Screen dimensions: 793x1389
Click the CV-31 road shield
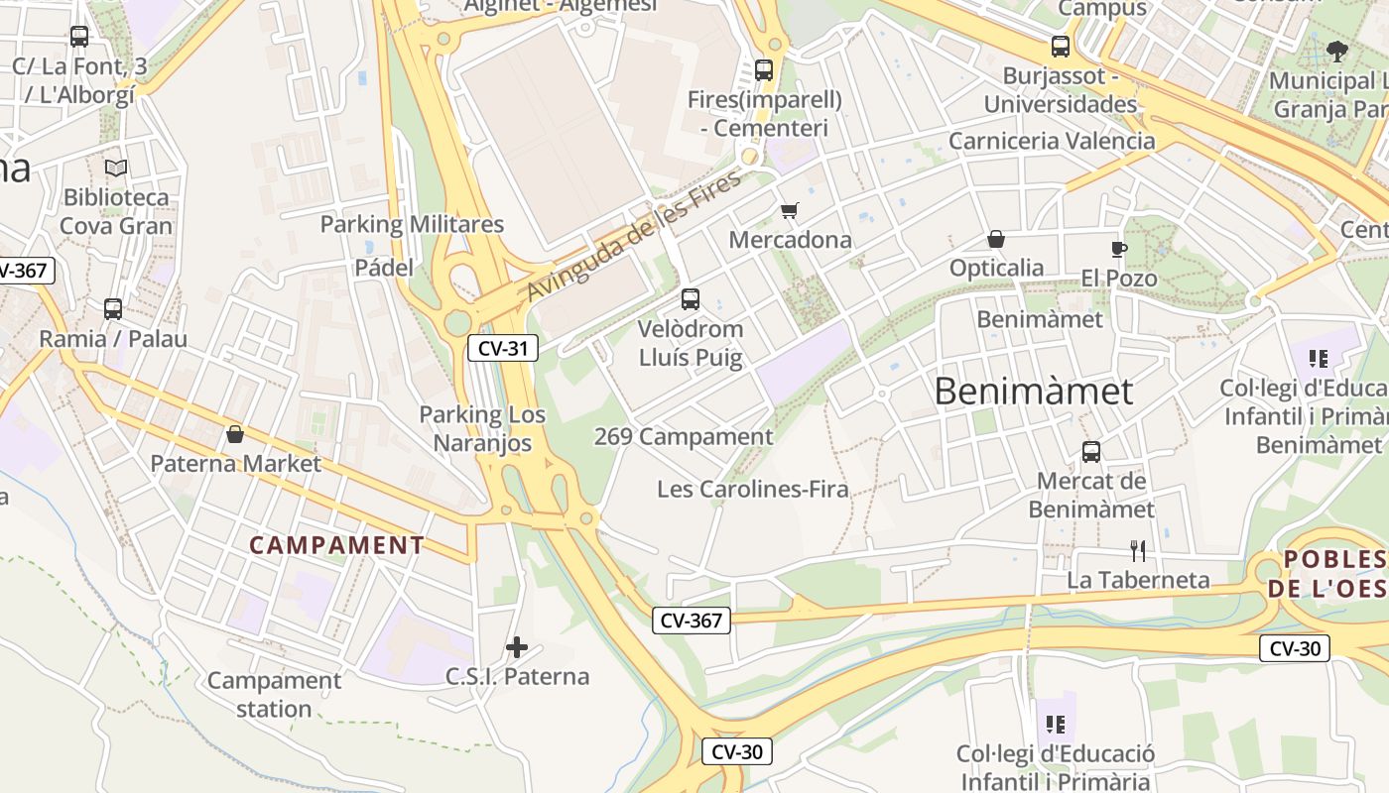502,348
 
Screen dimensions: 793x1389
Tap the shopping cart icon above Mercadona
790,210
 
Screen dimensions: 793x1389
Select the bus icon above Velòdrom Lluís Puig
691,298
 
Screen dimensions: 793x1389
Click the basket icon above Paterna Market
235,434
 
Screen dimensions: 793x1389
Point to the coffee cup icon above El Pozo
1119,249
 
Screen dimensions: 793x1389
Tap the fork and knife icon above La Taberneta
1138,550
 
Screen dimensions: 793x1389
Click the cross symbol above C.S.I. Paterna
517,647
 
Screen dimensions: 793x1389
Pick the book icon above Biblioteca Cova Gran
116,168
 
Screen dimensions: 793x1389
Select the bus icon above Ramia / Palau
113,309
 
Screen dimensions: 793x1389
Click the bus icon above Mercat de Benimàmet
1091,452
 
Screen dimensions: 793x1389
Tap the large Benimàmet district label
1033,392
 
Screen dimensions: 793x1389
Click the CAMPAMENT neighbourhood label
337,545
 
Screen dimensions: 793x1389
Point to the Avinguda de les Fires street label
634,237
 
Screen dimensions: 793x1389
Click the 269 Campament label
684,436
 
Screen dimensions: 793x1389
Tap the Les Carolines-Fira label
753,489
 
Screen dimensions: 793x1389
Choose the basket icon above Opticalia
996,239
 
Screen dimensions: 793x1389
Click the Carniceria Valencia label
1052,141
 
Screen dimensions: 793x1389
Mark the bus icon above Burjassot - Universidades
1061,47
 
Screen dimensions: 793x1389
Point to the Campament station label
274,695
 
